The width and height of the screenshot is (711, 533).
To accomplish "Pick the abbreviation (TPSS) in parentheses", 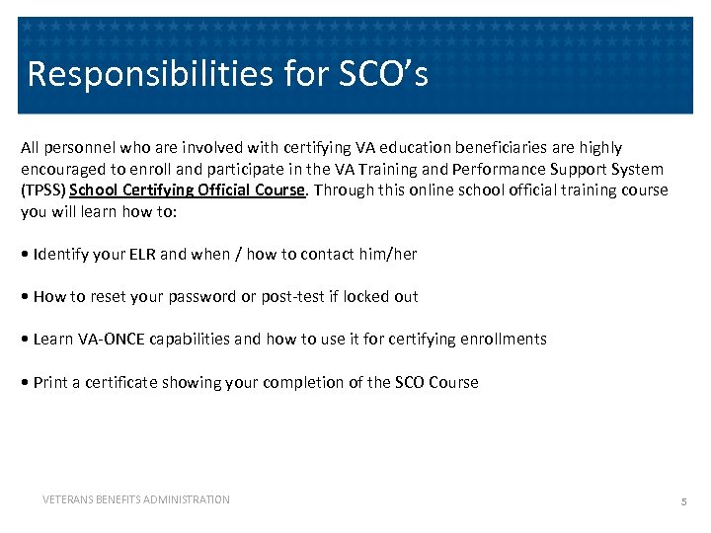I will [x=42, y=190].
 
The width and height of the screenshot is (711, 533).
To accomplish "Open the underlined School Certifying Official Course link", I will [x=187, y=190].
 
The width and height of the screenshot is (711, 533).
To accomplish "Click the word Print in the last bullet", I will [x=50, y=382].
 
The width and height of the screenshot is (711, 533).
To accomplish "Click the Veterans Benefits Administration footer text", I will [x=136, y=499].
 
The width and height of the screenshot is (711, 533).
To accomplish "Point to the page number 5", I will [x=682, y=502].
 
